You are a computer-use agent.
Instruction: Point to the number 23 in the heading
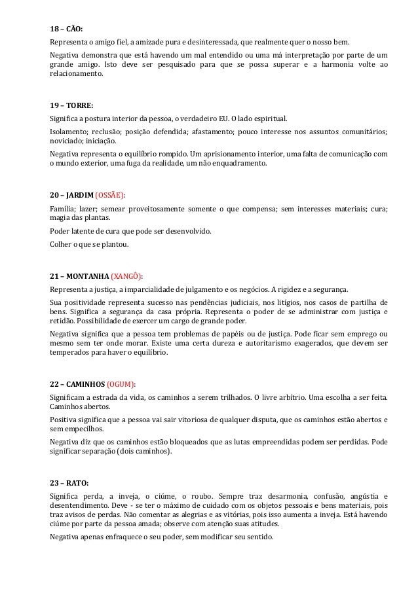[x=54, y=484]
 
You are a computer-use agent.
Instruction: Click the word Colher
[x=61, y=245]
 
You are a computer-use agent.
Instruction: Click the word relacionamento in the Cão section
[x=77, y=74]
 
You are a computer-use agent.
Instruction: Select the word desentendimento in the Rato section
[x=79, y=505]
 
